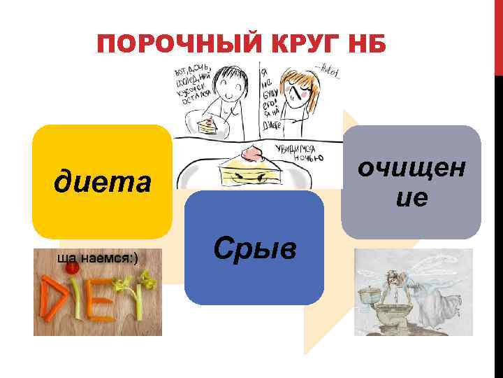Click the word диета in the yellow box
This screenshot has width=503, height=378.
(102, 183)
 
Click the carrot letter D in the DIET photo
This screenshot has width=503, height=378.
(56, 300)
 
